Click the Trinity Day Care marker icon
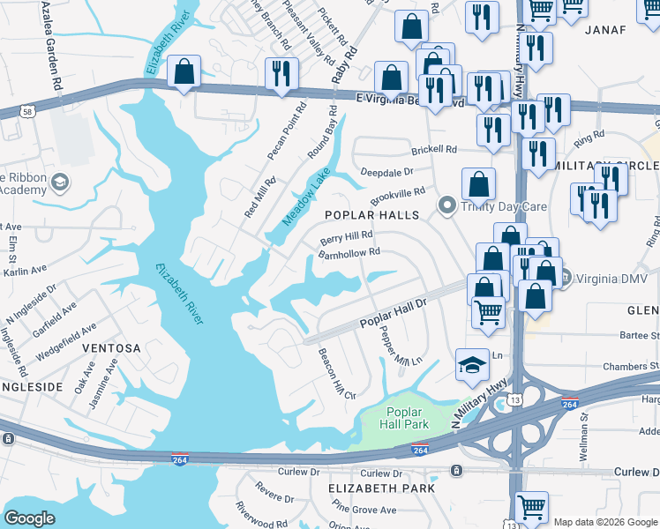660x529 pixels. [447, 207]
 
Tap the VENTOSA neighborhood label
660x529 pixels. [111, 348]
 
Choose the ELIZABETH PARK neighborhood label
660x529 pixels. [381, 488]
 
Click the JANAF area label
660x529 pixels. [605, 30]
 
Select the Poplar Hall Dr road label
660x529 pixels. [393, 314]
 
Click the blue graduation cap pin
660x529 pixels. [472, 363]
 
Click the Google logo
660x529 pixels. [30, 518]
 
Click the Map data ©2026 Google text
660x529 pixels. [605, 522]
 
